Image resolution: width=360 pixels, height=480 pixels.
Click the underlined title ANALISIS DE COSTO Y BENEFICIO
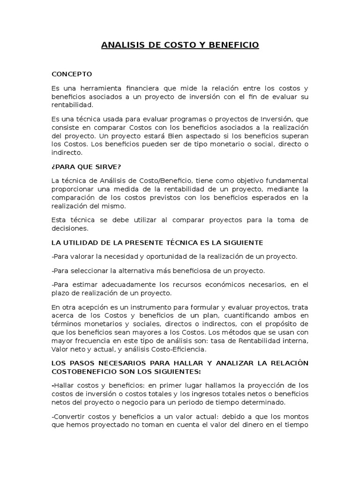[x=180, y=45]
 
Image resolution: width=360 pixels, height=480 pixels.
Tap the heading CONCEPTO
[x=72, y=74]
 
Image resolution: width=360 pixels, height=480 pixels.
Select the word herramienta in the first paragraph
[x=99, y=88]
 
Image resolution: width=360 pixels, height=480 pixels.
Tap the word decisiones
[x=70, y=228]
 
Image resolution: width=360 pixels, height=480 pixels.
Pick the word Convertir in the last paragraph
[x=69, y=417]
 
